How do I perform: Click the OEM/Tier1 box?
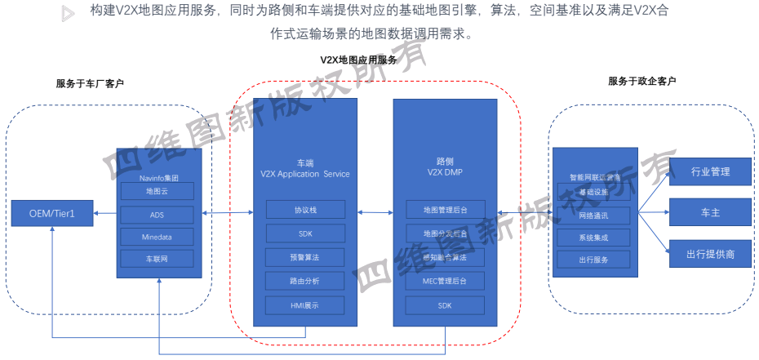[x=51, y=213]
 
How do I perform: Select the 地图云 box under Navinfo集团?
[x=156, y=192]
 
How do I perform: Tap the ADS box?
[x=156, y=214]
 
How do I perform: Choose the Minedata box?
[x=156, y=236]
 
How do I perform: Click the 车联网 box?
[x=156, y=259]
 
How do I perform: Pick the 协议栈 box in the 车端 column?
[x=305, y=209]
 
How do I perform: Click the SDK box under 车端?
[x=305, y=233]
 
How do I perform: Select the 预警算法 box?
[x=305, y=258]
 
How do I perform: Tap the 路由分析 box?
[x=305, y=282]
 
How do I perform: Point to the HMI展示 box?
[x=305, y=306]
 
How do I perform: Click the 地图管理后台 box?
[x=445, y=210]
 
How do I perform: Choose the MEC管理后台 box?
[x=445, y=282]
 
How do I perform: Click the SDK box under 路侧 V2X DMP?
[x=445, y=306]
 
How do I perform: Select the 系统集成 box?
[x=593, y=238]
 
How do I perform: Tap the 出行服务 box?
[x=593, y=260]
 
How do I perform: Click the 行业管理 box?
[x=710, y=171]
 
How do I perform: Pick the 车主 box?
[x=710, y=212]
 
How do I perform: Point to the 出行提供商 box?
[x=710, y=254]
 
